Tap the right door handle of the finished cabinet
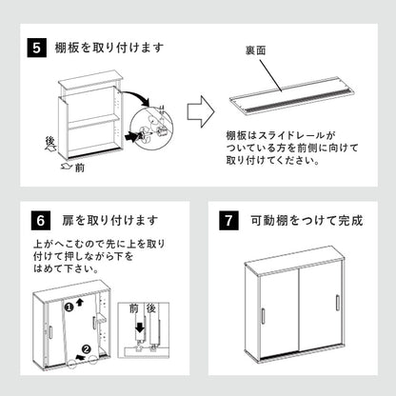[x=336, y=304]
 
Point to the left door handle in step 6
[x=49, y=339]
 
